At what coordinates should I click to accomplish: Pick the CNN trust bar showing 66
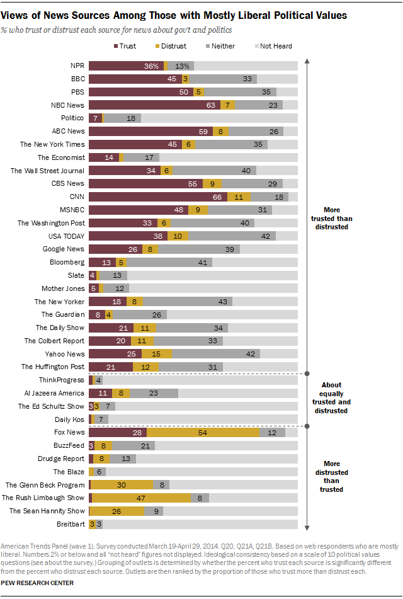[157, 197]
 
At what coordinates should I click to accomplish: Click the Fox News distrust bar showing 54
[203, 432]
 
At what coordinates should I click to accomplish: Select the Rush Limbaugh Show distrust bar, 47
[142, 498]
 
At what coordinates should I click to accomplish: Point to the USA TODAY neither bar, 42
[232, 236]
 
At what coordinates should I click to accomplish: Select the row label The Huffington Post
[54, 367]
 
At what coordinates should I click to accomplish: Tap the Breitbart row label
[71, 523]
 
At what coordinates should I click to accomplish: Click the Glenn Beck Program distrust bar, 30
[122, 484]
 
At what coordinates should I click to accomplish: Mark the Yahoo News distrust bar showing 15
[156, 354]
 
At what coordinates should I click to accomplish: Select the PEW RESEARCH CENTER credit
[37, 583]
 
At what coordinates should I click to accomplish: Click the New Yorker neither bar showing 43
[188, 301]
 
